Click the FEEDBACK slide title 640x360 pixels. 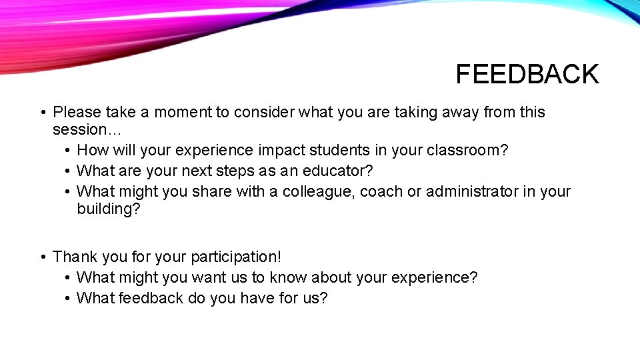click(527, 74)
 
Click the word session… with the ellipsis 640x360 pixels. click(80, 129)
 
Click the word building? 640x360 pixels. click(109, 209)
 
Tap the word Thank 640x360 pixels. click(73, 257)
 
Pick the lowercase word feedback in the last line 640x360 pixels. click(151, 298)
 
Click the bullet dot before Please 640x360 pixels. click(42, 113)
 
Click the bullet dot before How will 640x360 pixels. click(68, 151)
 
